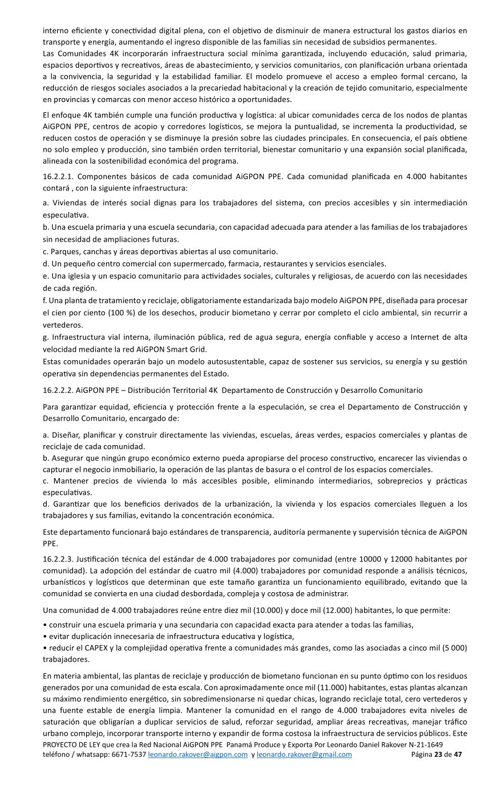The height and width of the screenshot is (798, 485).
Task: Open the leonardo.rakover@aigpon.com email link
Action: pos(198,754)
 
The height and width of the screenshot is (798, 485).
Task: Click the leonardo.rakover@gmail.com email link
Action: pos(304,754)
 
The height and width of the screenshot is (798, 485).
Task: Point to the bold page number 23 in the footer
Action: pos(438,754)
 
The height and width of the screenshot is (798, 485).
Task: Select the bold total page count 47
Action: pos(458,754)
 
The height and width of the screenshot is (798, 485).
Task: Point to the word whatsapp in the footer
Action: pos(93,754)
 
